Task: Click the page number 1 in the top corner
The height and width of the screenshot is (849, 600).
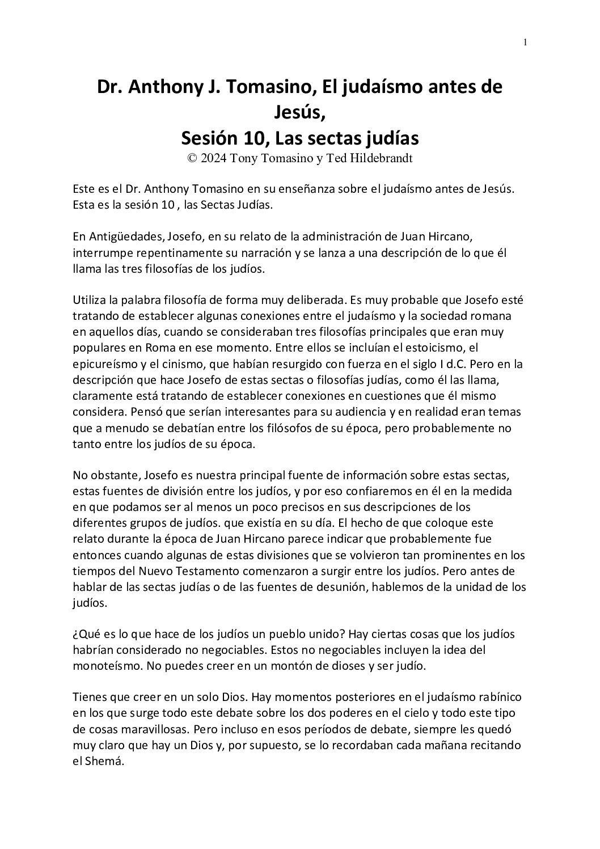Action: click(x=525, y=42)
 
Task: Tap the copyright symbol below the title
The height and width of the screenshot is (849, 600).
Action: click(x=192, y=159)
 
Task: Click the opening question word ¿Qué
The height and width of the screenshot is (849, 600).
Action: click(x=85, y=634)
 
